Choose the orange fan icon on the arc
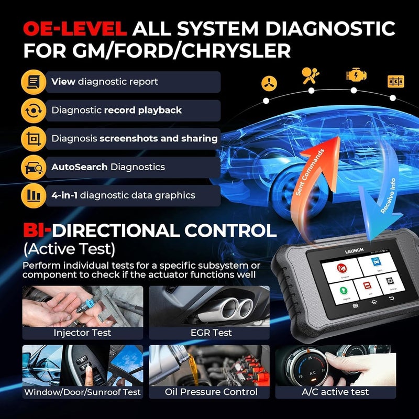(268, 83)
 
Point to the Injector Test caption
(82, 332)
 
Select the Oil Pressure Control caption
(211, 391)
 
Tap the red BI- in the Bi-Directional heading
(37, 231)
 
